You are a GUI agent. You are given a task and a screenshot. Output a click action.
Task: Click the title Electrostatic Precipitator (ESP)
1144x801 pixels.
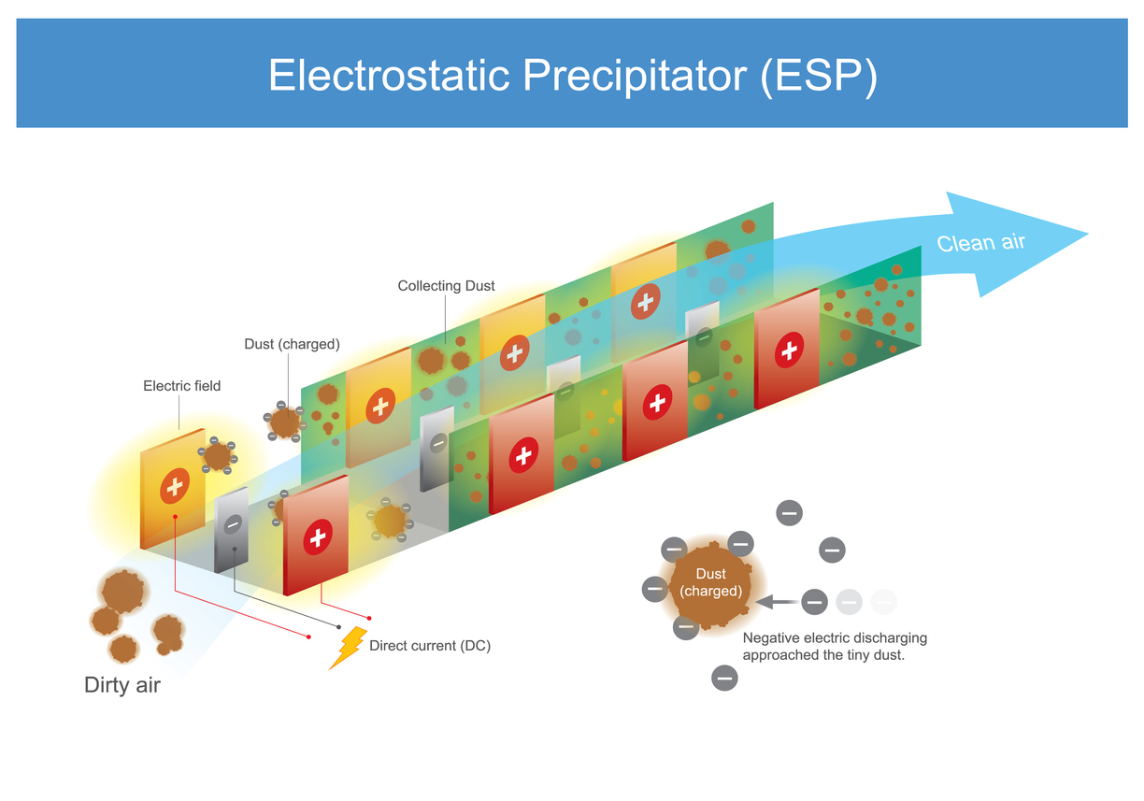tap(572, 75)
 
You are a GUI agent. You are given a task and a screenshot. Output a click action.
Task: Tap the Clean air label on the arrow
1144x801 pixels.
tap(980, 243)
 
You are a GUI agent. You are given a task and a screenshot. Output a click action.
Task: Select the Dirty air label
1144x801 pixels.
tap(122, 685)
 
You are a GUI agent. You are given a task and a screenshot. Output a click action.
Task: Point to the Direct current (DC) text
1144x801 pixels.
tap(429, 646)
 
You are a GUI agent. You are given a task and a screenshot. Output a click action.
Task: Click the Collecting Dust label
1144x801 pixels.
tap(446, 286)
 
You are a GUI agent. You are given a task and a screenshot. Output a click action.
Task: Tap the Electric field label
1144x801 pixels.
tap(181, 386)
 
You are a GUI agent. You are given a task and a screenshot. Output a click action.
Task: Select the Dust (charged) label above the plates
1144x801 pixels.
tap(292, 344)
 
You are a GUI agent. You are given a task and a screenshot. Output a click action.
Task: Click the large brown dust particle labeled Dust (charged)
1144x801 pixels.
tap(710, 583)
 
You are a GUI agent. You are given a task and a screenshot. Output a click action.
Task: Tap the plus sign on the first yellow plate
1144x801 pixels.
tap(174, 486)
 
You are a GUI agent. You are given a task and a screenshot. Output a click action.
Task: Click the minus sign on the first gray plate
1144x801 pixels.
tap(234, 525)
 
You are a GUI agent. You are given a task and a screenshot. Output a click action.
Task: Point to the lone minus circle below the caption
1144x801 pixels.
tap(724, 678)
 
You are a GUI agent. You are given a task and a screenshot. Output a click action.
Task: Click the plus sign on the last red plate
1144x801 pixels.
tap(790, 350)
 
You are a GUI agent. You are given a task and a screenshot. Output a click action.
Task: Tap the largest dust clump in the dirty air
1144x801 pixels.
tap(122, 591)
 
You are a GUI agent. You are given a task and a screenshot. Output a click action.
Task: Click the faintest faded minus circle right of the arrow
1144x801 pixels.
tap(883, 602)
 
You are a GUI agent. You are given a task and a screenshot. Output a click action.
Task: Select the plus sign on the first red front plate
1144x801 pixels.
tap(318, 537)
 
